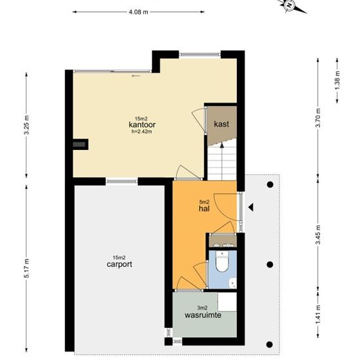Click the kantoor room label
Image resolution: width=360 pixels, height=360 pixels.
[x=142, y=124]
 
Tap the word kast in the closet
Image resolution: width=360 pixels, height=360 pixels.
[x=221, y=124]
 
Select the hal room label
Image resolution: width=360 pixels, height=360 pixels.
[x=204, y=208]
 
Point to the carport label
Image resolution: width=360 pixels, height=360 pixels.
[x=119, y=264]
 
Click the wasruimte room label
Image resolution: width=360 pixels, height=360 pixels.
[x=203, y=315]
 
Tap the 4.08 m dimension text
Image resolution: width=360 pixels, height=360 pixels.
[x=139, y=12]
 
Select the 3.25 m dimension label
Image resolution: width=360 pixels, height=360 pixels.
[x=27, y=125]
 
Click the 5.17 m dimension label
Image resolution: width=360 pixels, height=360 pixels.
[x=27, y=268]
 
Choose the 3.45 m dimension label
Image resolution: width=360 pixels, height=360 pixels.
[x=318, y=235]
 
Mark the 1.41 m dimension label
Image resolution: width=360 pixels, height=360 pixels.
[x=318, y=314]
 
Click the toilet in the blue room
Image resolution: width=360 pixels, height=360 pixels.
[x=222, y=262]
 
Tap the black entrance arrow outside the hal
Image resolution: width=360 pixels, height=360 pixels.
[x=251, y=207]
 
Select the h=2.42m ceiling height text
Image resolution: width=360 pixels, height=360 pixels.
[x=141, y=132]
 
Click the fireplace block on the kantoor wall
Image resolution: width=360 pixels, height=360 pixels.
[x=81, y=145]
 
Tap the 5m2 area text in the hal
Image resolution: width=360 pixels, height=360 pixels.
[x=204, y=202]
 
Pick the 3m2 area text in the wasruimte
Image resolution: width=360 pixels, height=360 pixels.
[x=202, y=308]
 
